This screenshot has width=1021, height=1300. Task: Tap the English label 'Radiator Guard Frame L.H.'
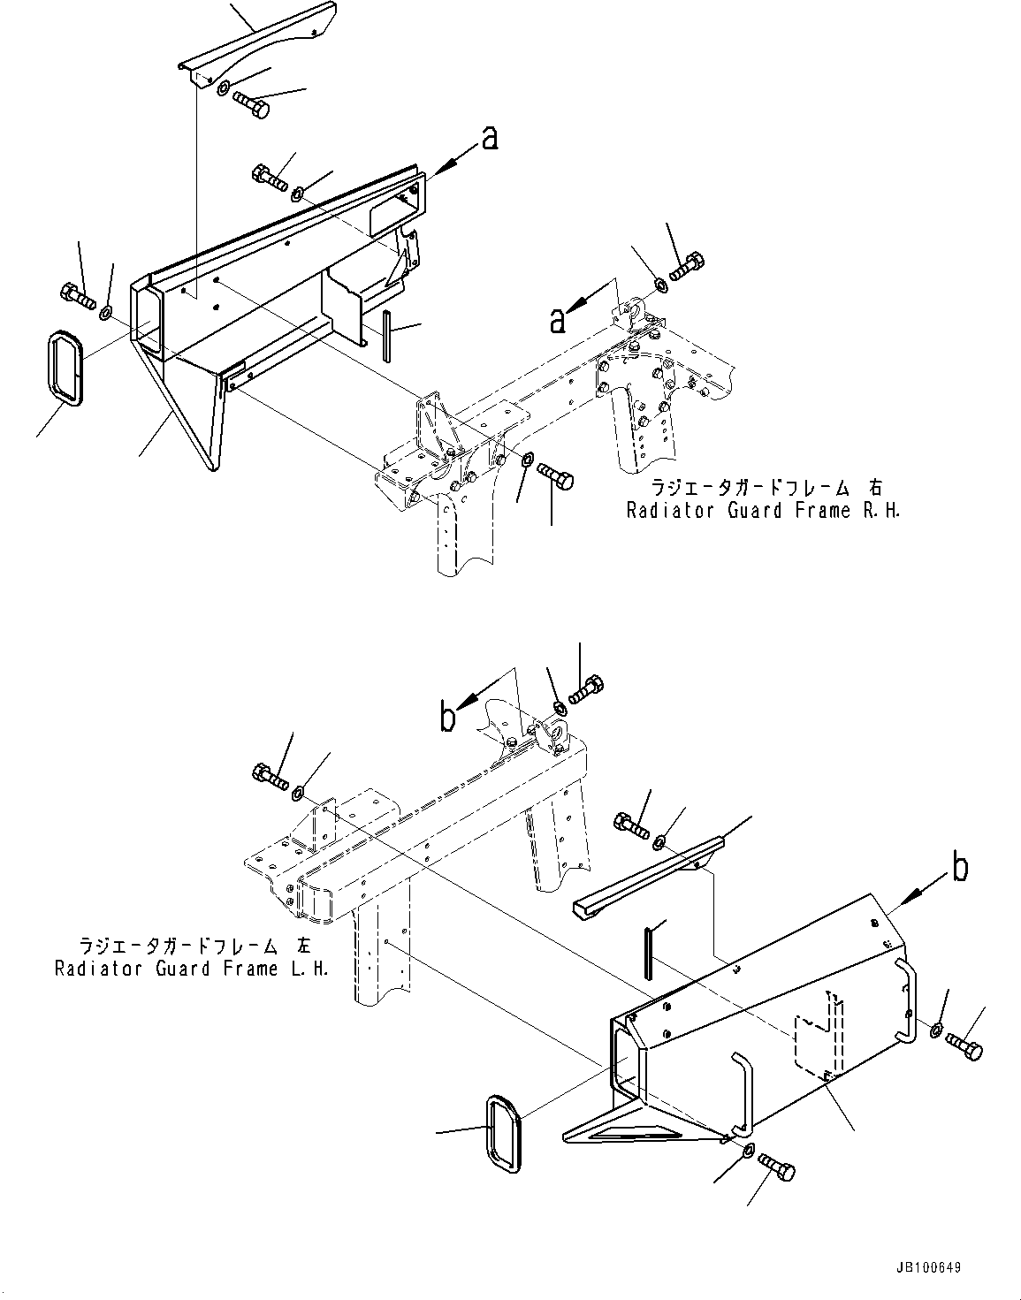pos(192,968)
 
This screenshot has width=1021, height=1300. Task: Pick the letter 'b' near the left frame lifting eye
pos(449,718)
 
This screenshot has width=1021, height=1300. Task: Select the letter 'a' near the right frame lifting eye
pos(558,320)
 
